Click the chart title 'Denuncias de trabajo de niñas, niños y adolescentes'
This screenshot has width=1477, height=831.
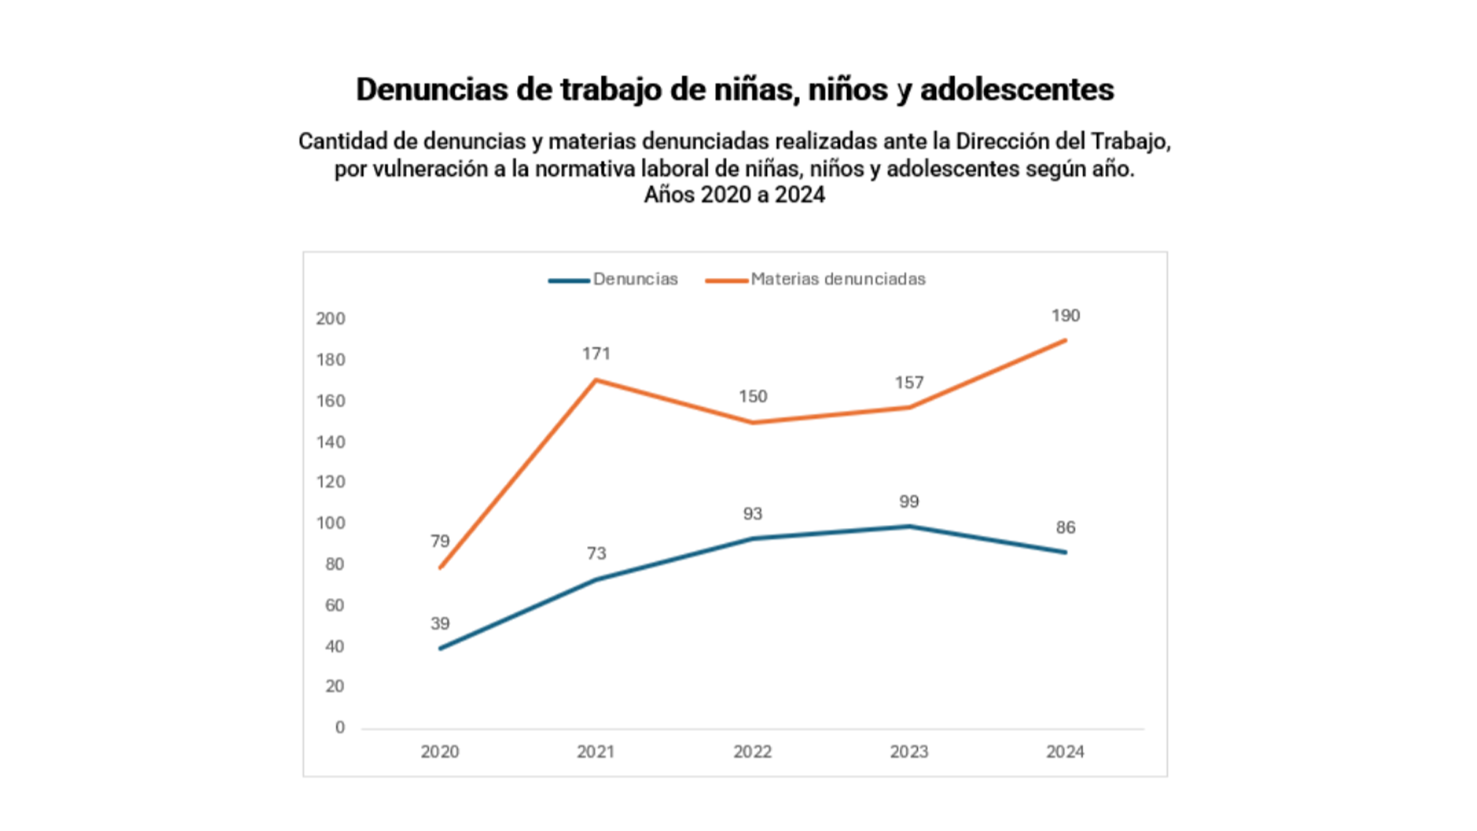[735, 89]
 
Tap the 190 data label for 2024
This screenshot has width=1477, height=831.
[1065, 315]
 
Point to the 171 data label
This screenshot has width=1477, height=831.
[596, 354]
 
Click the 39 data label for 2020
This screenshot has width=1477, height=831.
[440, 623]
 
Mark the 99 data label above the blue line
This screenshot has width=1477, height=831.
[909, 502]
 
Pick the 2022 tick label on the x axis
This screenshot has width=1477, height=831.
[752, 752]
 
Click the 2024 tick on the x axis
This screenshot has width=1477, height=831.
[1065, 752]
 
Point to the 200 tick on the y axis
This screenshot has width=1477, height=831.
[331, 319]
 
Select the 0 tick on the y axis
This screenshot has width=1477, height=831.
[339, 727]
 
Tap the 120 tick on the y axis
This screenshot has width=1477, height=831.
[331, 482]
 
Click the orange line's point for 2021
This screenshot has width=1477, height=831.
[596, 379]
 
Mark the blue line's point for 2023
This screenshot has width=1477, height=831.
[909, 526]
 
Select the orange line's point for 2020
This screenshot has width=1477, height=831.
[440, 568]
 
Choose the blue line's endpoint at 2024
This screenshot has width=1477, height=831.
[1065, 552]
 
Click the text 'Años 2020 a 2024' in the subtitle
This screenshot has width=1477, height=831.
[735, 195]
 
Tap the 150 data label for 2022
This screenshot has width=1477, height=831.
[752, 396]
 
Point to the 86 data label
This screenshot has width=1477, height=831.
[1065, 528]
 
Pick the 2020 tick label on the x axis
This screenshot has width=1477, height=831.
[440, 752]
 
